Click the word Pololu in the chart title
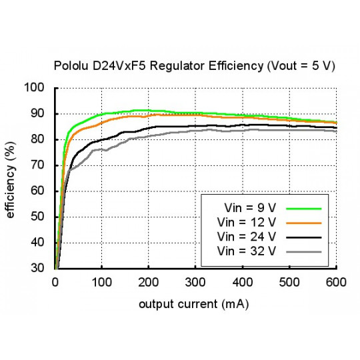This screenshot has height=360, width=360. click(x=69, y=67)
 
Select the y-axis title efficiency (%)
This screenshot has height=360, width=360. click(x=12, y=178)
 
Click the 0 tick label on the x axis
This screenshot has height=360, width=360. click(x=55, y=282)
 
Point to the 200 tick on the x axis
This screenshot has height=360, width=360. click(x=149, y=282)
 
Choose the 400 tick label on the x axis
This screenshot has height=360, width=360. click(x=242, y=282)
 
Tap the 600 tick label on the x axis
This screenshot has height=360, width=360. click(x=335, y=282)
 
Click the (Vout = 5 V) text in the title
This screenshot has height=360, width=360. click(x=300, y=67)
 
